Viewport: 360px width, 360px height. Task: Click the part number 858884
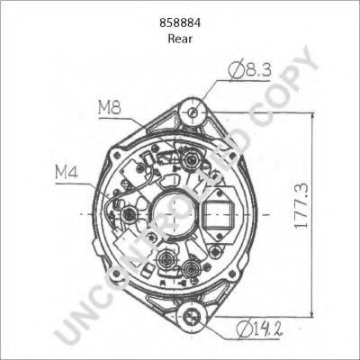click(180, 23)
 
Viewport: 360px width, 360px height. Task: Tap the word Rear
click(180, 39)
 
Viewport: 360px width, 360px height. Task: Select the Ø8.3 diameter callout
click(249, 70)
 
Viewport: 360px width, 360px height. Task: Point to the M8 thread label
click(110, 108)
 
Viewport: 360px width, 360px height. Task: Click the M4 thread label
click(67, 173)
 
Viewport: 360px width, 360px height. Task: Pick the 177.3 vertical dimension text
click(301, 206)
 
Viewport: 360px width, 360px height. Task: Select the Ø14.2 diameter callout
click(260, 328)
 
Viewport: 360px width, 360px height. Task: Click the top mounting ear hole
click(193, 112)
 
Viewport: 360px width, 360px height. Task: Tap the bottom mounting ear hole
click(193, 316)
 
